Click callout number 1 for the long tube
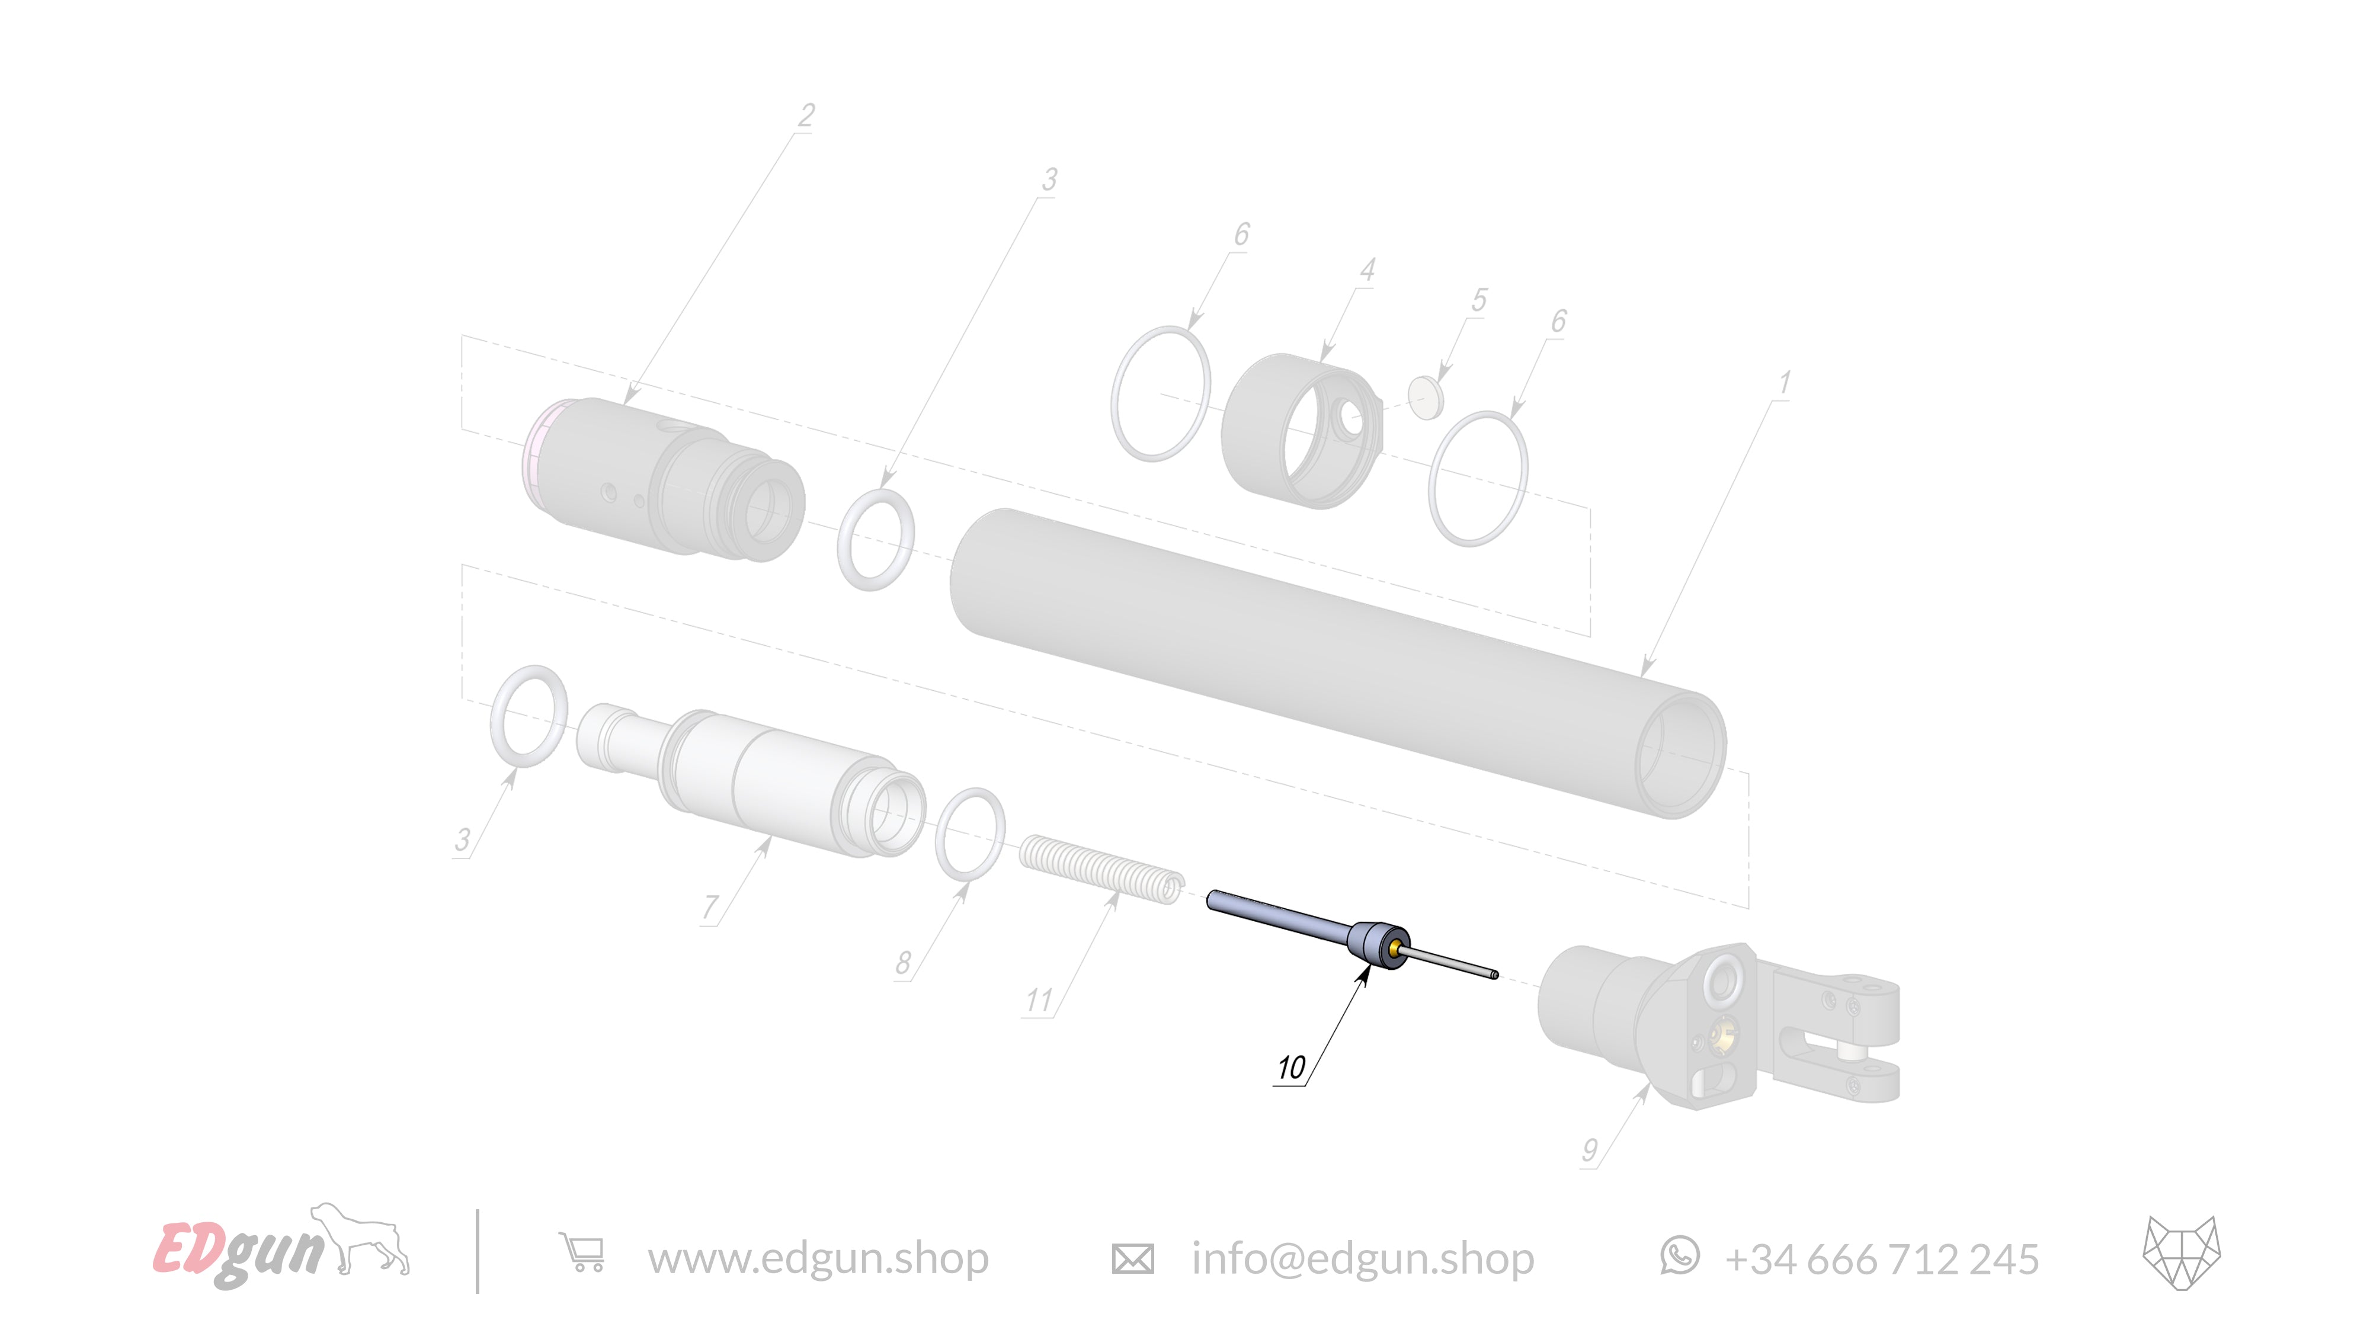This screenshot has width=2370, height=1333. point(1784,383)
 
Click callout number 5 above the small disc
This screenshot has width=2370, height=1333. point(1478,300)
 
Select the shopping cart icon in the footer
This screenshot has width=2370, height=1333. point(582,1254)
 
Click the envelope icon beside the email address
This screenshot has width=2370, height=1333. point(1132,1258)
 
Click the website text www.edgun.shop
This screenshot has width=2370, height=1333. point(818,1258)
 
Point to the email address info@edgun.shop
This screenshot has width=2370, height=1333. point(1363,1258)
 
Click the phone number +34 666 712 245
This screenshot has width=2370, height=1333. point(1881,1258)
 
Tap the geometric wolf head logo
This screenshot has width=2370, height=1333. point(2182,1252)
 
